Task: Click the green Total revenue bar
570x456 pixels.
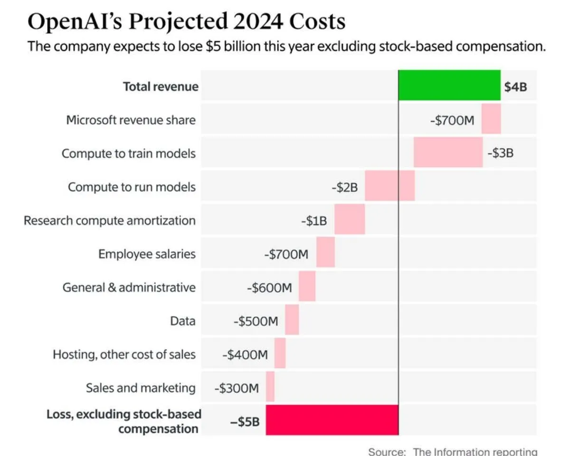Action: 449,85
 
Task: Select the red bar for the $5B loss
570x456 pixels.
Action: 332,420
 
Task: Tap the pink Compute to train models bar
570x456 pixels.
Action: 448,152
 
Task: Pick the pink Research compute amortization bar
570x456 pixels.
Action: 350,219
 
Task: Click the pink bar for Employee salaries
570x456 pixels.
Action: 325,253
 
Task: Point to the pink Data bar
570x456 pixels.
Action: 292,320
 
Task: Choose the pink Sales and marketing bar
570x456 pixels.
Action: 270,387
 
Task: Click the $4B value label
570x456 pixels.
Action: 515,86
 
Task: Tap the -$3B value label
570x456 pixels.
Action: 500,153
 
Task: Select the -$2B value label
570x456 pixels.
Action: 344,187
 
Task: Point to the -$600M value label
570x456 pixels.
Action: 269,288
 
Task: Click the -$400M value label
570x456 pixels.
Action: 245,355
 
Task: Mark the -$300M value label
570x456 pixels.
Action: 236,388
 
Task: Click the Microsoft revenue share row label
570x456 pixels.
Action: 131,120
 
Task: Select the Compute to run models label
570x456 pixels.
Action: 132,187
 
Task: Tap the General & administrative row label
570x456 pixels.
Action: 129,287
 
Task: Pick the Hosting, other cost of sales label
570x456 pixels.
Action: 124,354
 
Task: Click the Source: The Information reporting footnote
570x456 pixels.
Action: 453,451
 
